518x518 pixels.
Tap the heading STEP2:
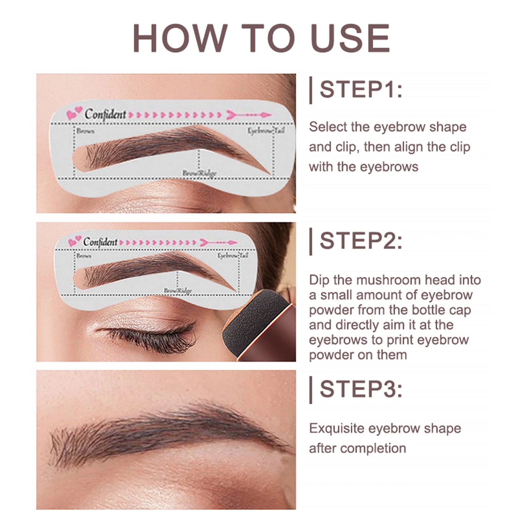click(x=361, y=241)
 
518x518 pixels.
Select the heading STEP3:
click(x=361, y=389)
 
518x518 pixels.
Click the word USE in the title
click(x=351, y=38)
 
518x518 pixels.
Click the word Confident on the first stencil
click(x=105, y=114)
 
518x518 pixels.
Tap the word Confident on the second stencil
click(x=100, y=242)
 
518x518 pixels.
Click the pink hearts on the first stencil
click(x=75, y=114)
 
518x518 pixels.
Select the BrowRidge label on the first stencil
click(x=199, y=174)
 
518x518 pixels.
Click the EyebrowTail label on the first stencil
click(x=266, y=131)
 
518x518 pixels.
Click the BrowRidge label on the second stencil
click(x=177, y=290)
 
